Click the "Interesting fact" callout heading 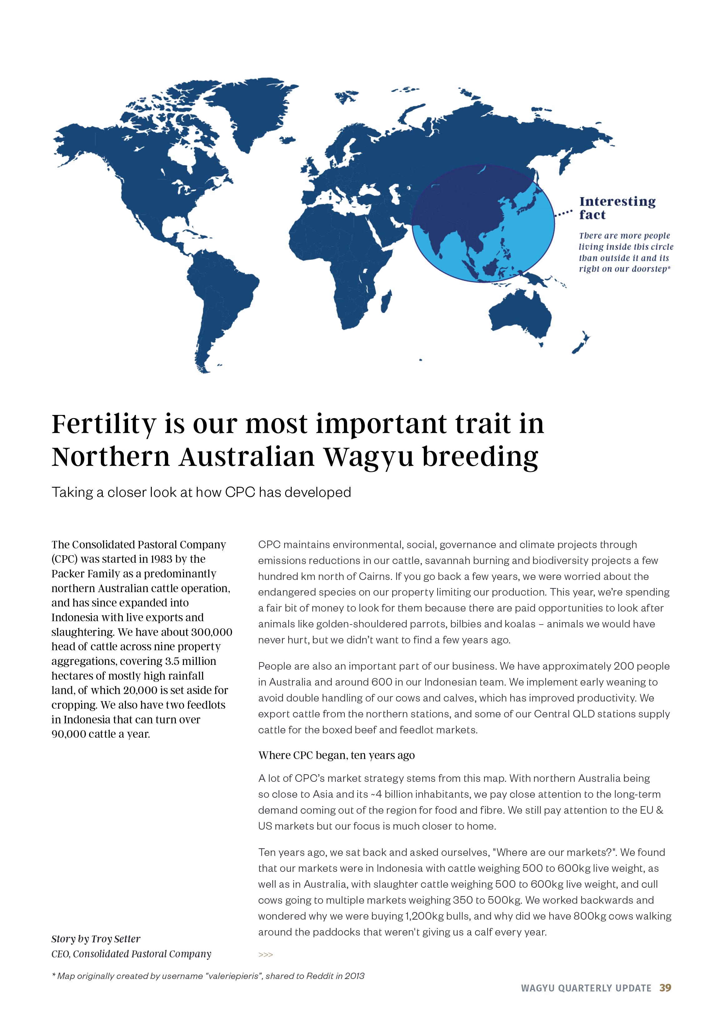click(x=617, y=208)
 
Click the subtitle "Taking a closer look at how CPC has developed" click(x=201, y=492)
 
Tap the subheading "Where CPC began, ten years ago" click(x=336, y=755)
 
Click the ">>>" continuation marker click(x=265, y=955)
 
